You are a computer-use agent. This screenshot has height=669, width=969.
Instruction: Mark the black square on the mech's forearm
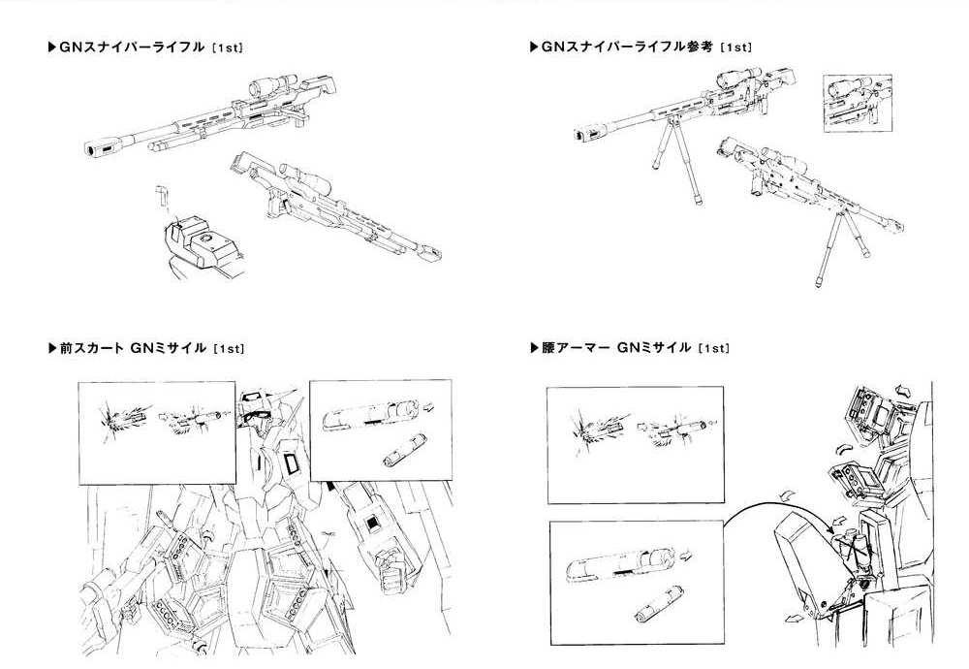pyautogui.click(x=369, y=525)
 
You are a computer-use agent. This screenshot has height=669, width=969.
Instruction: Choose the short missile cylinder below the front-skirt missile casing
pyautogui.click(x=397, y=454)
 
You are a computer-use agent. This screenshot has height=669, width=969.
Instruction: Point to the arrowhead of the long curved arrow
pyautogui.click(x=820, y=525)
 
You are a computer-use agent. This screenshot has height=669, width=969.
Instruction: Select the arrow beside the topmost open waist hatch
pyautogui.click(x=902, y=388)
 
